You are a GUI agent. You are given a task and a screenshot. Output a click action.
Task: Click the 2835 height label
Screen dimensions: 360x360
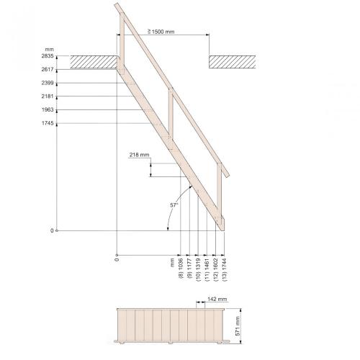click(x=48, y=56)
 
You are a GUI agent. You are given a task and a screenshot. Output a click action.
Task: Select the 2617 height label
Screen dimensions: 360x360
click(x=48, y=69)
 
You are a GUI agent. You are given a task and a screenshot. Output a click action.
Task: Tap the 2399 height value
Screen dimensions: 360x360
click(x=48, y=83)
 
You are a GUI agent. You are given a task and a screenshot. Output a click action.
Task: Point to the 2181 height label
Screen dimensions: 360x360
click(x=48, y=96)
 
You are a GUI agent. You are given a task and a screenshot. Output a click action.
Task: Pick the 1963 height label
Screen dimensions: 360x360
click(x=48, y=110)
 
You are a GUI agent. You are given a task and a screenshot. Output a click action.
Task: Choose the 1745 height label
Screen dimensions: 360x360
click(x=48, y=123)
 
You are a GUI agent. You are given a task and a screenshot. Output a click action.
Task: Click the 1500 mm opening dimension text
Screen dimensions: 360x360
click(x=161, y=32)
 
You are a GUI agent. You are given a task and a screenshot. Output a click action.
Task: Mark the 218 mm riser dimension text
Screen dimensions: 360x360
click(x=139, y=155)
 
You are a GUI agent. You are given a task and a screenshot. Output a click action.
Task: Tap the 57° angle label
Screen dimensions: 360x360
click(x=174, y=205)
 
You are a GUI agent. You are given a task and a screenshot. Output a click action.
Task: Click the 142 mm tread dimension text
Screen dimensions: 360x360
click(x=217, y=299)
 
